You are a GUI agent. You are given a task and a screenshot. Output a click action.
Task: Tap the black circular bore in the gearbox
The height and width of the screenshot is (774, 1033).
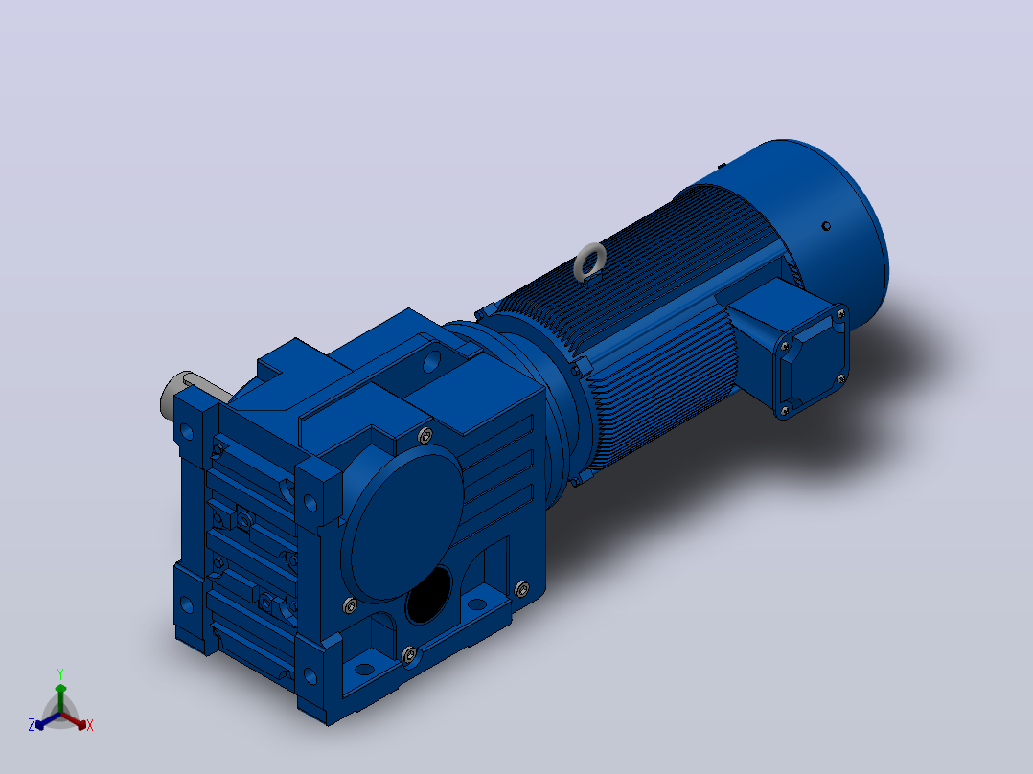point(429,596)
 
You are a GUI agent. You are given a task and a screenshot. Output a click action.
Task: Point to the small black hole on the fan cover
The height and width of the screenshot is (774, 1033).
point(826,226)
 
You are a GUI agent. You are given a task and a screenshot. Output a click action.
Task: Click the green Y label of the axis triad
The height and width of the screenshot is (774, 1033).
point(60,673)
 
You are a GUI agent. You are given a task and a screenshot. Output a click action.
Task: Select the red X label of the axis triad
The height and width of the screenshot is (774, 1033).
point(90,725)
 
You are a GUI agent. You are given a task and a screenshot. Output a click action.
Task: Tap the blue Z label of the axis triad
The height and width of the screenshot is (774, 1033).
point(31,724)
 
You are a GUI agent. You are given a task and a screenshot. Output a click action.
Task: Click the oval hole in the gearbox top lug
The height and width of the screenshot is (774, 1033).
point(431,361)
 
